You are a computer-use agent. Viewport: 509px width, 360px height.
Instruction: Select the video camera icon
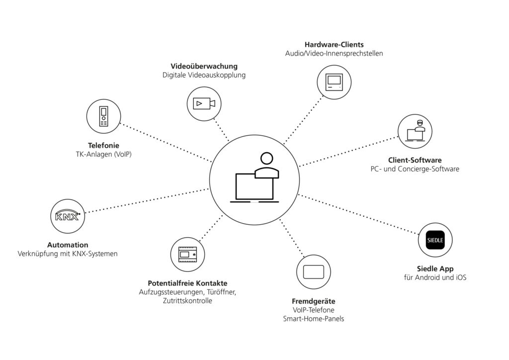204,103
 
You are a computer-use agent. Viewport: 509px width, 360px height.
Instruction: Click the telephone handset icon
103,116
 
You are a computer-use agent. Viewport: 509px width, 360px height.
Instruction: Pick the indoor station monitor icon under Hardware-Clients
334,82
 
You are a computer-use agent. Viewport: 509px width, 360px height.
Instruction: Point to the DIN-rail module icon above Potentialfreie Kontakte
187,255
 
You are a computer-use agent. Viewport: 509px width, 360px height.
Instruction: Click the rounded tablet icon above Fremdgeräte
313,272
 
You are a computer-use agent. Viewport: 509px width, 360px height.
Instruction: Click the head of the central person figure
266,159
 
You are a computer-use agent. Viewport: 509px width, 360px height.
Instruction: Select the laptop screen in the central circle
254,187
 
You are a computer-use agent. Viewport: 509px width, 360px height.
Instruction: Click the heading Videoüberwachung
204,66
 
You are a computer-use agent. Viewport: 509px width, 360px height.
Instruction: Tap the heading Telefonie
103,146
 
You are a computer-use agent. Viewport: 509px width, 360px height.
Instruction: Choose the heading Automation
68,245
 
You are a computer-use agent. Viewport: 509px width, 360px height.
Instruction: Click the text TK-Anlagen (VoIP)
103,155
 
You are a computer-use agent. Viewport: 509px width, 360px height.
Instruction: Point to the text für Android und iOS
435,277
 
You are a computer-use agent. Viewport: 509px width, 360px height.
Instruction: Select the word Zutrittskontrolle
187,301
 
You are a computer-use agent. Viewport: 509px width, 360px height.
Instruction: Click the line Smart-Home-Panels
313,319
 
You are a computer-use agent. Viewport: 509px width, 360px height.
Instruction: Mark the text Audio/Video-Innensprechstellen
334,53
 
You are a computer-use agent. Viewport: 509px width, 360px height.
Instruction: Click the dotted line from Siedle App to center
358,214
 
